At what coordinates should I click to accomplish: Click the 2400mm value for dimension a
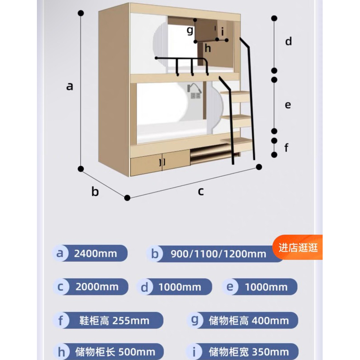coord(95,254)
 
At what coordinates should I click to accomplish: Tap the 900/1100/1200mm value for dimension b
coord(218,254)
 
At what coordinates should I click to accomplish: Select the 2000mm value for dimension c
coord(97,287)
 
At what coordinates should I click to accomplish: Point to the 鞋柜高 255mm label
coord(114,321)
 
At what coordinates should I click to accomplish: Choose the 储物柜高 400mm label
coord(249,321)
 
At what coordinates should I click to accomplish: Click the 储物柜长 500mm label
coord(115,352)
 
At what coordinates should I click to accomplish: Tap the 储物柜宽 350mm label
coord(249,352)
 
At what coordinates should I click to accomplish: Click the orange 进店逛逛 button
coord(298,247)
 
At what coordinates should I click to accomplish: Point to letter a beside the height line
coord(70,86)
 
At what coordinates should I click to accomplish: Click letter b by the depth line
coord(95,191)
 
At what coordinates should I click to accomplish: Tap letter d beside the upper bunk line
coord(288,41)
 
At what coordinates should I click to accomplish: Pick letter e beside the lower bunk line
coord(288,105)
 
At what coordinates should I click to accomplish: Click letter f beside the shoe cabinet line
coord(286,148)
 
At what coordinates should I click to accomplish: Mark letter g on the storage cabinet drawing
coord(190,30)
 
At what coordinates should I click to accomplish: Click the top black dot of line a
coord(81,13)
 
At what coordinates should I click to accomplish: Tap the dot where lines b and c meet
coord(127,198)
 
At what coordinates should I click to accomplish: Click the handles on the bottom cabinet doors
coord(162,162)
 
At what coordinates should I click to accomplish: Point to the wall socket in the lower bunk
coord(195,95)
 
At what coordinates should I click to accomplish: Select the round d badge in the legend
coord(144,287)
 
